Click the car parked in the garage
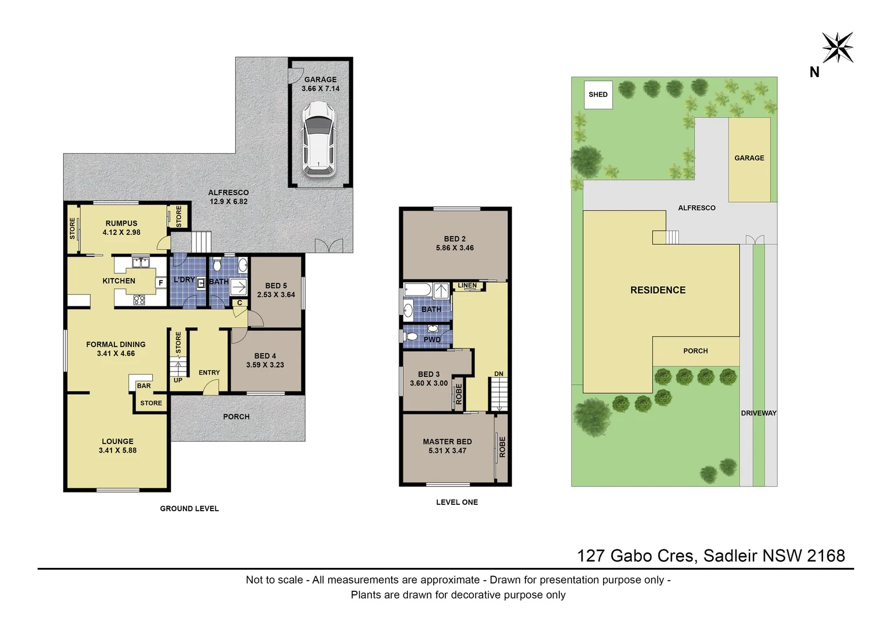319,138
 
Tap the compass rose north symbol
837,48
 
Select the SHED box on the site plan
598,95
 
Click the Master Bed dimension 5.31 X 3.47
447,451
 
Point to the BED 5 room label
276,286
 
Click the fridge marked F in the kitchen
161,283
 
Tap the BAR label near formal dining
144,386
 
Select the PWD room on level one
432,339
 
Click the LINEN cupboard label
467,286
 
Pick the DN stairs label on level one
499,374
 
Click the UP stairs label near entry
178,380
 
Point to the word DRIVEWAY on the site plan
758,413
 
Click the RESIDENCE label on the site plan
657,290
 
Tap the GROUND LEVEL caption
189,509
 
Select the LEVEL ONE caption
457,502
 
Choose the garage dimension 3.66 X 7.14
320,89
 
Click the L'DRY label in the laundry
184,280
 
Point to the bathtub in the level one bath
417,290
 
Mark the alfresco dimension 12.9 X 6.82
229,202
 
